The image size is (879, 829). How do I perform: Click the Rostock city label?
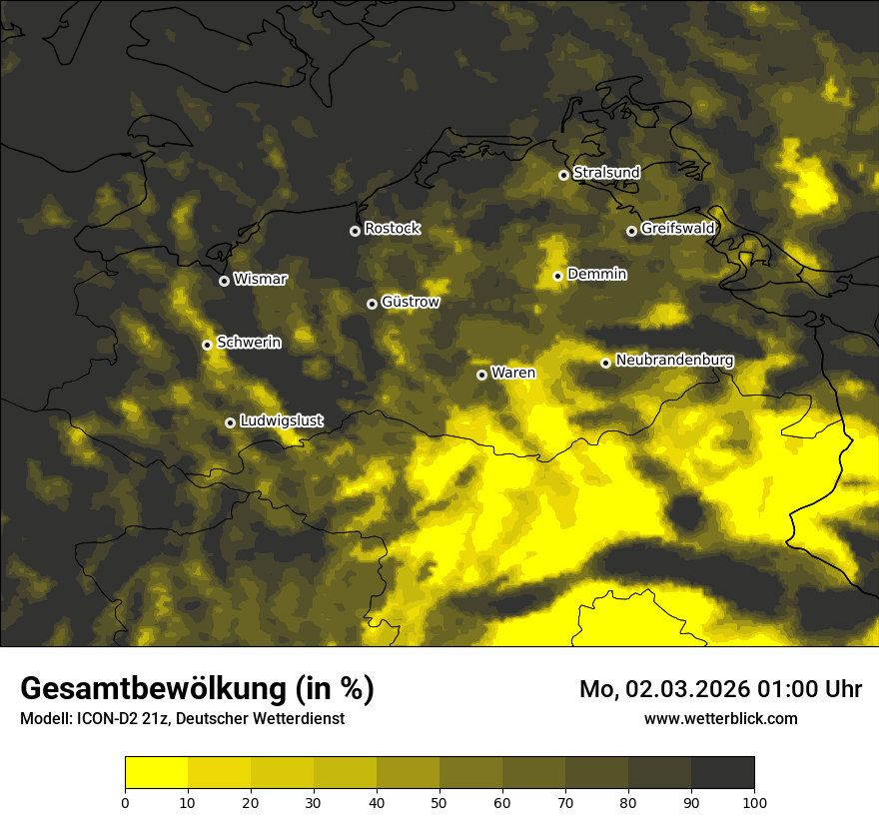coord(392,229)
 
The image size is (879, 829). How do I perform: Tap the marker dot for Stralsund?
coord(563,175)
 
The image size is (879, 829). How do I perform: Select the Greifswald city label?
coord(677,229)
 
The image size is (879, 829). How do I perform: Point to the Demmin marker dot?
coord(557,277)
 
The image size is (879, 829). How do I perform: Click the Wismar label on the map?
coord(260,280)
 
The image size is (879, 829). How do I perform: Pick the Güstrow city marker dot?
coord(372,304)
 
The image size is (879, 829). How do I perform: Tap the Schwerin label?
coord(249,343)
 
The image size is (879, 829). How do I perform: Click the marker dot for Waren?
coord(481,375)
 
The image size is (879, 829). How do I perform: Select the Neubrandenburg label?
coord(675,361)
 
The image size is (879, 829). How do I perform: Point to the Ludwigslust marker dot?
coord(230,422)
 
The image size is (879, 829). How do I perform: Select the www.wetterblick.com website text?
coord(720,718)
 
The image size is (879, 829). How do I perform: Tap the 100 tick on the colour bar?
coord(754,801)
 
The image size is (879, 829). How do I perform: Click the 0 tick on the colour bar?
coord(125,801)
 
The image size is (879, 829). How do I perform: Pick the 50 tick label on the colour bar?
coord(439,801)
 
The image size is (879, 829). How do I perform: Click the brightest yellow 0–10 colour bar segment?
coord(156,772)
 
